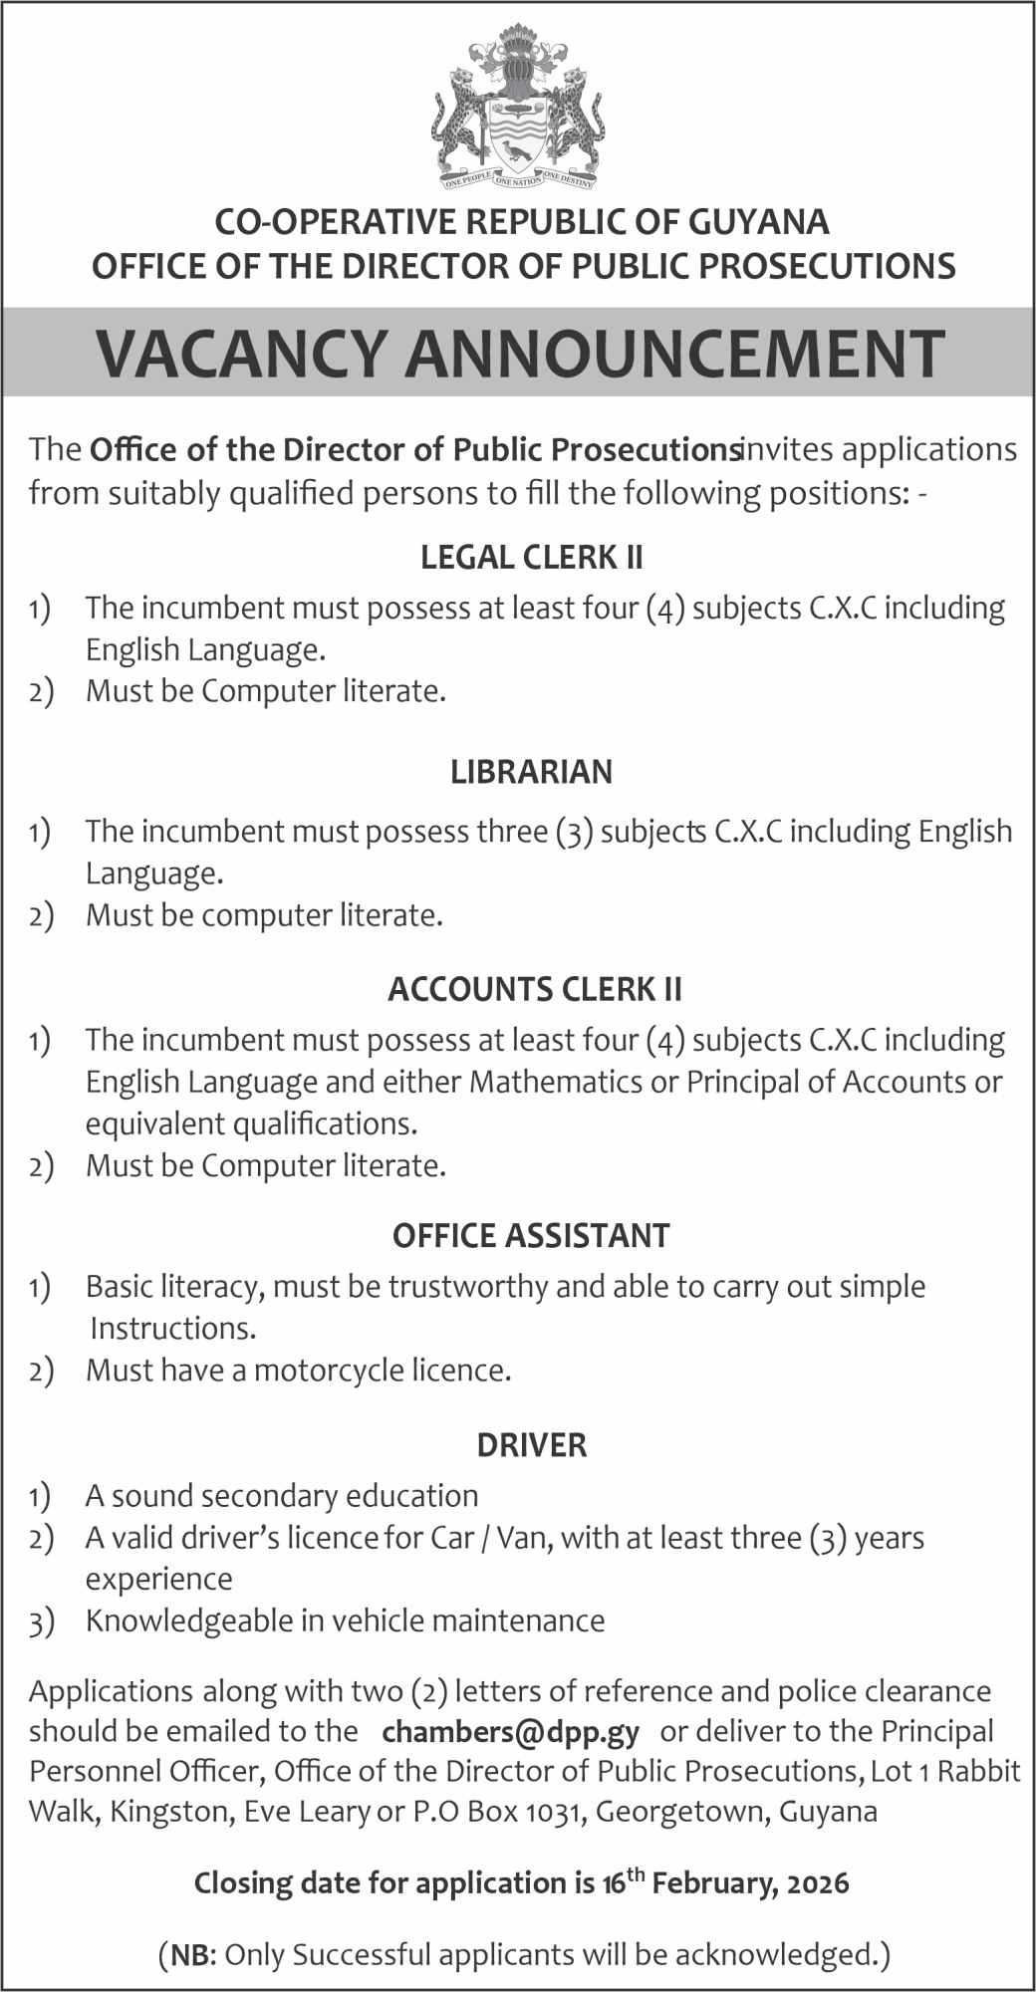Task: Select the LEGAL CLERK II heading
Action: coord(531,557)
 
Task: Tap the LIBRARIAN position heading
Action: coord(531,772)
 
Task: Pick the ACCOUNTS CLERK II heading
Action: coord(535,989)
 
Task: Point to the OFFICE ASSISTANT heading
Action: coord(531,1236)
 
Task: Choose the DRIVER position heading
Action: coord(531,1444)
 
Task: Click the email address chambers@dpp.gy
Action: coord(510,1732)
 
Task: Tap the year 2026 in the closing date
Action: coord(815,1883)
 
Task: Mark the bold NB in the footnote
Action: coord(189,1954)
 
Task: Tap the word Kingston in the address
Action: coord(171,1812)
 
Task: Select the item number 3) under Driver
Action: coord(40,1621)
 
